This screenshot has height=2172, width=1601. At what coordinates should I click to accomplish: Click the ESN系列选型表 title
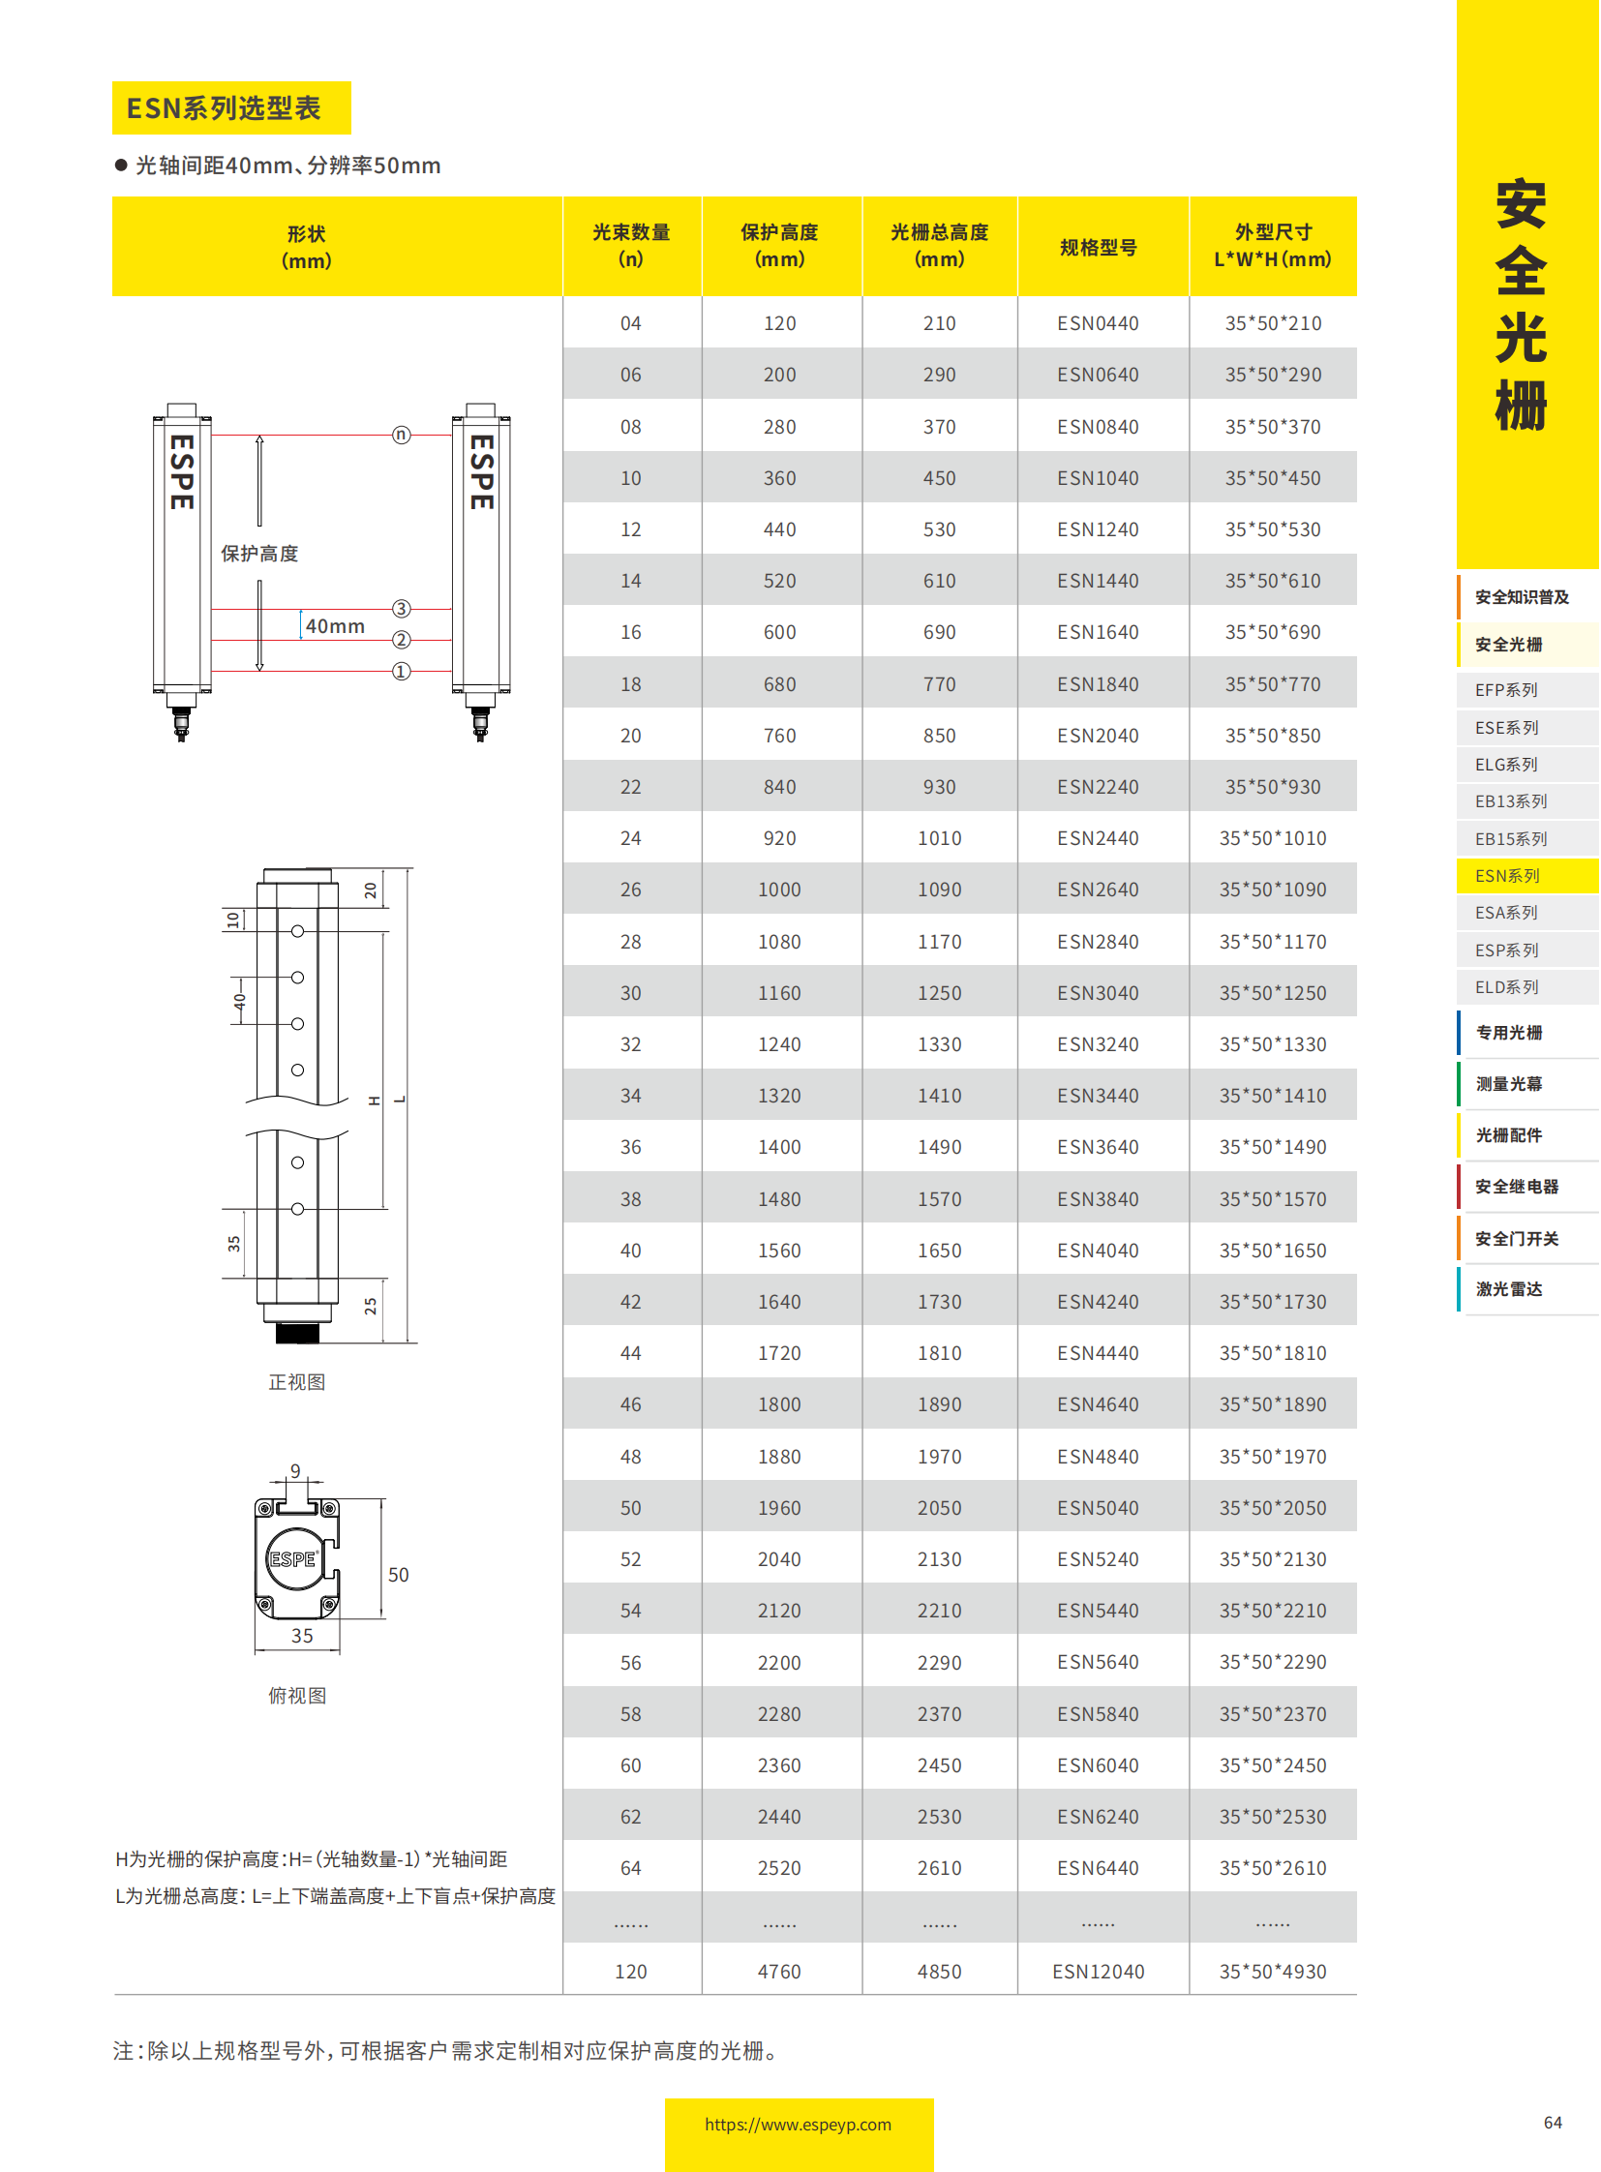click(224, 108)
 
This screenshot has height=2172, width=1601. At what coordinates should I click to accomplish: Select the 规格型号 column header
click(1098, 248)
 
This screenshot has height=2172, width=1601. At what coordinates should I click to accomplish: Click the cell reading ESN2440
click(1098, 838)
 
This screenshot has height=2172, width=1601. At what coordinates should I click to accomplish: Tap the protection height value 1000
click(779, 890)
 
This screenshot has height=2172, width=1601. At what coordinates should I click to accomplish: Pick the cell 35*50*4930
click(1273, 1972)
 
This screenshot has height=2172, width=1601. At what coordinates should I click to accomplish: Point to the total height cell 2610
click(939, 1868)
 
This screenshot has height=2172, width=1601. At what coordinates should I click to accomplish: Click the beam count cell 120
click(631, 1972)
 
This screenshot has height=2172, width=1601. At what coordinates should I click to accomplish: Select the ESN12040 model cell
click(1098, 1972)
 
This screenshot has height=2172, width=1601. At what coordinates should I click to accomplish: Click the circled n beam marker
click(402, 436)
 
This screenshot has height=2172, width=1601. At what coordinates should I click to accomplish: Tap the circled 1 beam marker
click(402, 672)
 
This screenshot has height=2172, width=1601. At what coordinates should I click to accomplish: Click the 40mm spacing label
click(335, 627)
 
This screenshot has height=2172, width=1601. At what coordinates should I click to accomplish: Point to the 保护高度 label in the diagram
click(259, 554)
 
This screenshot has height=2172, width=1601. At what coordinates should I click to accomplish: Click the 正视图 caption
click(296, 1382)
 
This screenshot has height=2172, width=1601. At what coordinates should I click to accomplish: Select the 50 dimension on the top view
click(398, 1575)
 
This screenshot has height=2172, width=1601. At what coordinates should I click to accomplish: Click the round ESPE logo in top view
click(292, 1559)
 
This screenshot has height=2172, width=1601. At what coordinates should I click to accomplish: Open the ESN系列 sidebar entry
click(1507, 876)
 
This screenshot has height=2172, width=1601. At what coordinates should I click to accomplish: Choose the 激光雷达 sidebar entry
click(1509, 1289)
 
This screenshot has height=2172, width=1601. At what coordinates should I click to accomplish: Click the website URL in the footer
click(798, 2125)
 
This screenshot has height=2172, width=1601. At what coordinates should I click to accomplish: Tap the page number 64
click(1553, 2123)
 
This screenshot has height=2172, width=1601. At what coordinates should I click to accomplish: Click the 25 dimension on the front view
click(370, 1307)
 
